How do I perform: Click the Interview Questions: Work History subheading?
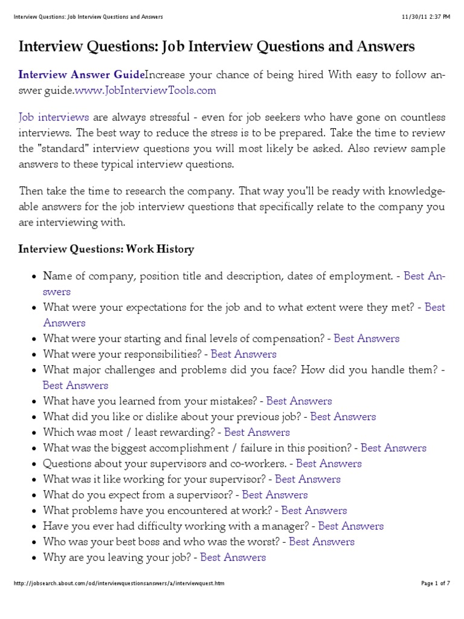coord(106,249)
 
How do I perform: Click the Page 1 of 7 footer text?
coord(435,583)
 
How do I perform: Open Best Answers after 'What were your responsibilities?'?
coord(243,354)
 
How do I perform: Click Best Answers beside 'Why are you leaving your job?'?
coord(233,557)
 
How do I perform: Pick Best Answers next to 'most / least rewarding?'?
coord(257,432)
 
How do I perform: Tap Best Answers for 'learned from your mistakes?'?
coord(299,401)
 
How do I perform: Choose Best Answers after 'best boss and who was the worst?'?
coord(321,542)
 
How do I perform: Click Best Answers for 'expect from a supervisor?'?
coord(275,494)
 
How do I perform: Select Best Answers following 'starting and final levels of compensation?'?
coord(367,339)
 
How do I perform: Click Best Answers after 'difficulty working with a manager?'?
coord(350,526)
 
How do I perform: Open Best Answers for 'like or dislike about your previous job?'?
coord(343,416)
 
